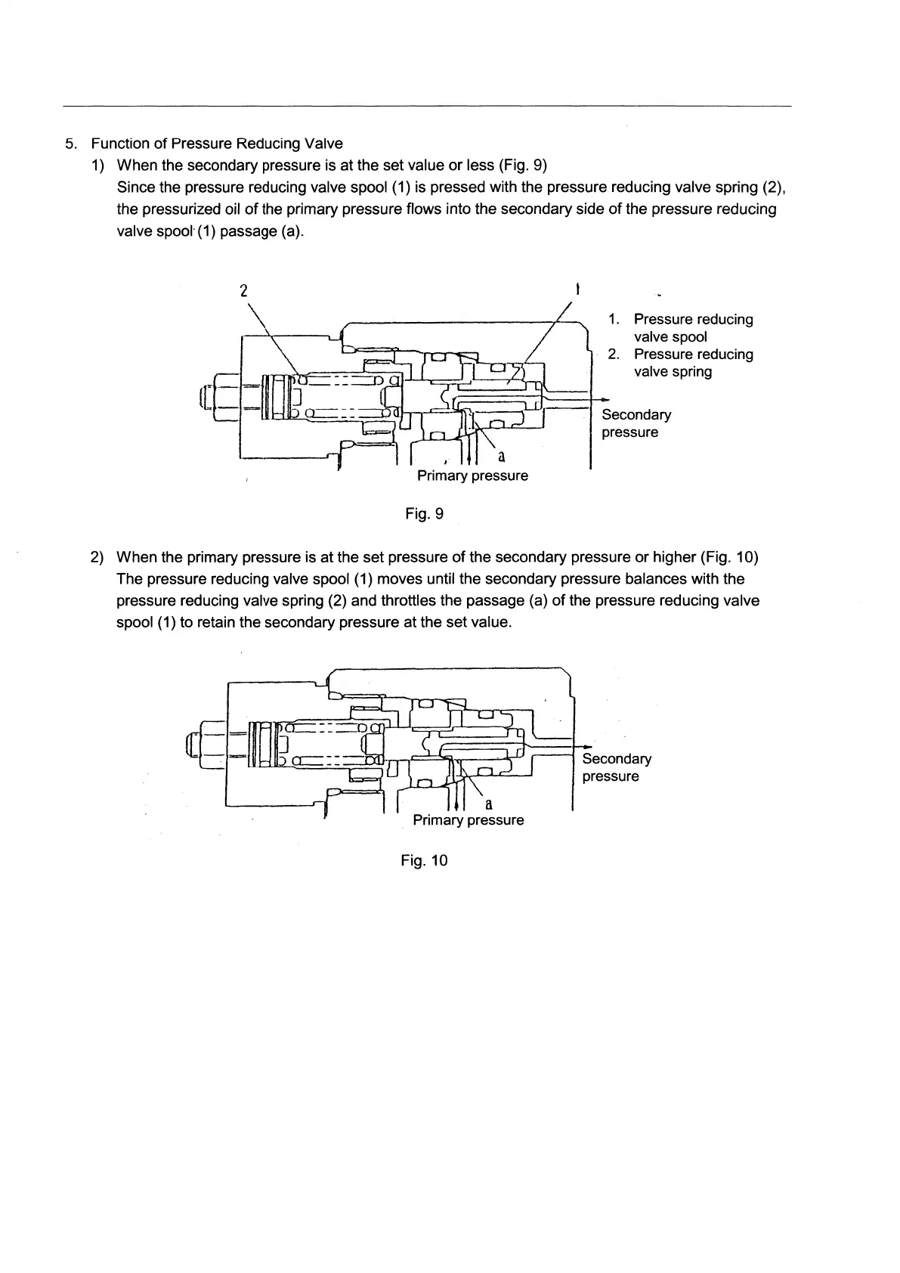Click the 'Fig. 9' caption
[424, 514]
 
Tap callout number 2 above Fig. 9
[243, 290]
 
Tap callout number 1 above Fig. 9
[577, 289]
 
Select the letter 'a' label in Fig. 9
[502, 457]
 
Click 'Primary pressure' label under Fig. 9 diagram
[472, 475]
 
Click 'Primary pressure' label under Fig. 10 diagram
[468, 820]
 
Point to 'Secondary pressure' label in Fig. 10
[616, 767]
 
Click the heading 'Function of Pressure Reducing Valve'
[217, 144]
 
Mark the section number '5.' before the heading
[71, 144]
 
